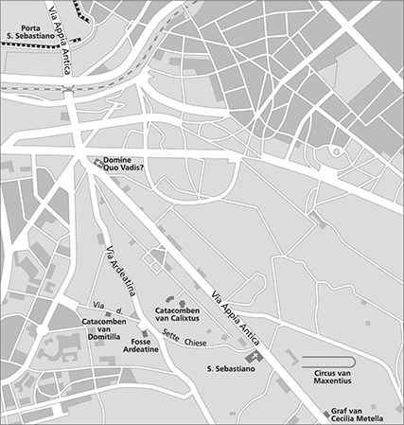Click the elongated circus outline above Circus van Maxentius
coord(328,361)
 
